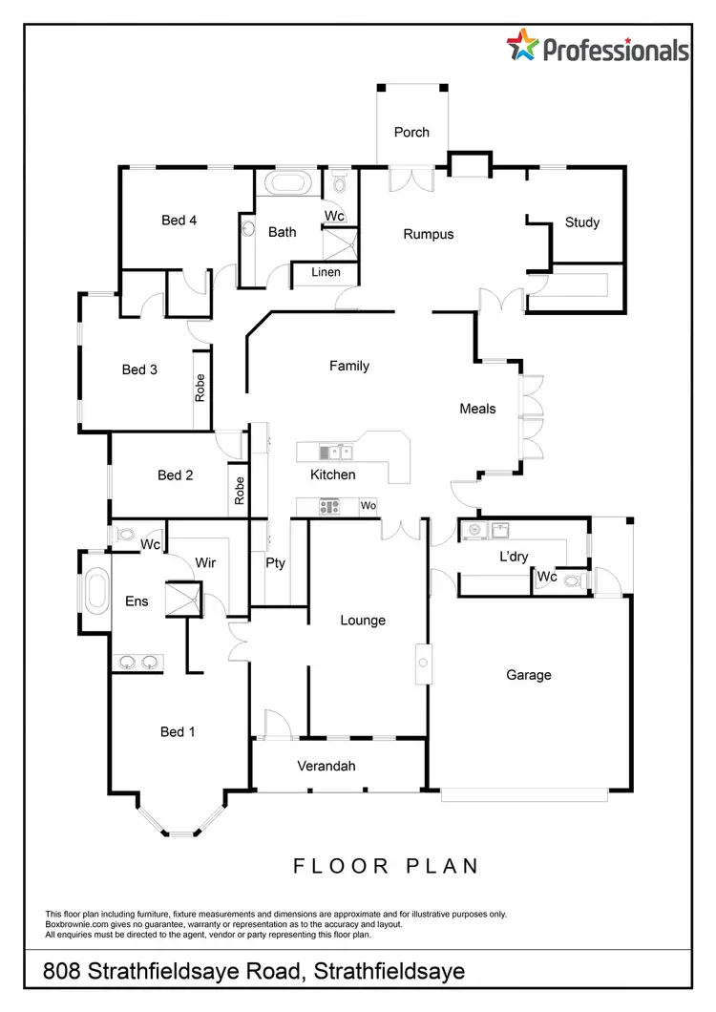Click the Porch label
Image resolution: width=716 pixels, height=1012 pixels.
pyautogui.click(x=411, y=133)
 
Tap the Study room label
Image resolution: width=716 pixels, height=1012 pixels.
pyautogui.click(x=582, y=222)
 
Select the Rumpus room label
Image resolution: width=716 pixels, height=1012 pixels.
pyautogui.click(x=428, y=234)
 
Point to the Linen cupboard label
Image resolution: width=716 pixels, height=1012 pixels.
pyautogui.click(x=326, y=273)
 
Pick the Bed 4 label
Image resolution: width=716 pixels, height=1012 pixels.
pyautogui.click(x=179, y=221)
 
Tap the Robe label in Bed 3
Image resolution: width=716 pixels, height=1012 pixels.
pyautogui.click(x=200, y=388)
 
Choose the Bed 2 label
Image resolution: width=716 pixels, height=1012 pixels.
pyautogui.click(x=176, y=475)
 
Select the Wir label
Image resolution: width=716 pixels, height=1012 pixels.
pyautogui.click(x=205, y=563)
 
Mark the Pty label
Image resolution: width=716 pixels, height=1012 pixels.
pyautogui.click(x=275, y=563)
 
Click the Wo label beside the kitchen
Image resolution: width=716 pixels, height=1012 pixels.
pyautogui.click(x=368, y=506)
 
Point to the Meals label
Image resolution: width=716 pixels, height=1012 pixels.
pyautogui.click(x=477, y=409)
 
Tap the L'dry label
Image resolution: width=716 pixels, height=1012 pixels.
pyautogui.click(x=515, y=556)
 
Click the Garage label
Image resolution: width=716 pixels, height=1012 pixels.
pyautogui.click(x=529, y=675)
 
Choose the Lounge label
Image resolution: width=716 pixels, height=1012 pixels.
pyautogui.click(x=363, y=621)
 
